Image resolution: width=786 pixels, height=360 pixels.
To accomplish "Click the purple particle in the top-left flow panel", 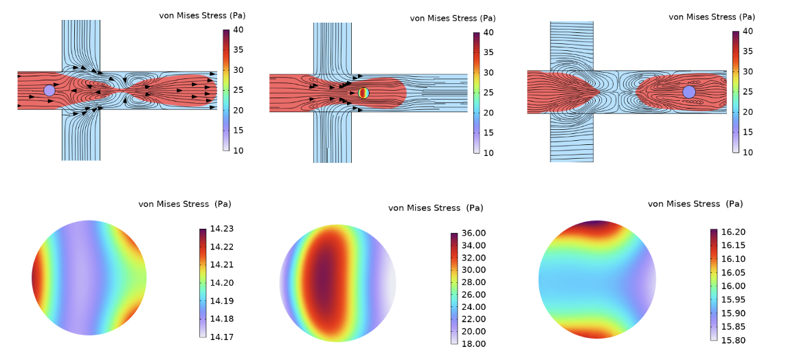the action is click(x=49, y=90).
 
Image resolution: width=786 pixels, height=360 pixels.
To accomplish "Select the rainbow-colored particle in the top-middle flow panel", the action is click(x=363, y=93).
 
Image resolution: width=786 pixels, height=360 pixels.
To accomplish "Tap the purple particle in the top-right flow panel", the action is click(x=689, y=92).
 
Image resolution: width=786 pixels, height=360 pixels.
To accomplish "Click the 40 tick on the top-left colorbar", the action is click(x=239, y=30).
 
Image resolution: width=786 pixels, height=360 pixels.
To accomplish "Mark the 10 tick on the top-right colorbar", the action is click(x=749, y=152).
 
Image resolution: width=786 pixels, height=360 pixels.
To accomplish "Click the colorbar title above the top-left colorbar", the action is click(x=202, y=16).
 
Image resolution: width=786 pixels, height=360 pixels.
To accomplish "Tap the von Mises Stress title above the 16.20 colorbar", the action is click(x=695, y=204).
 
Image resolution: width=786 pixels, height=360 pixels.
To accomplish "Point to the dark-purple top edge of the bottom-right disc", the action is click(x=596, y=223).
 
